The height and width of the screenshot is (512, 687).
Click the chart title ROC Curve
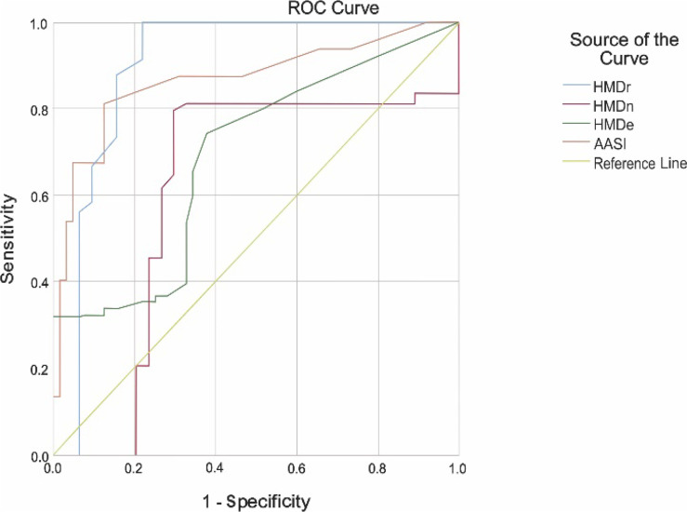point(333,7)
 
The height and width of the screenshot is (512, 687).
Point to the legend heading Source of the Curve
point(624,48)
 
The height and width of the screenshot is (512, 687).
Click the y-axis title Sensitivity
point(7,239)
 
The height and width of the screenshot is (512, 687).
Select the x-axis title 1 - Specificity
point(257,502)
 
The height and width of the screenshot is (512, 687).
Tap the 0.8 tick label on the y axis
point(40,109)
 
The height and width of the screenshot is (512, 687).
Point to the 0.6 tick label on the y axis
point(40,195)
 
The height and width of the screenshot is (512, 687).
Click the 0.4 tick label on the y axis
point(40,282)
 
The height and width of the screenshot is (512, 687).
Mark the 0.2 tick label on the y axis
point(40,369)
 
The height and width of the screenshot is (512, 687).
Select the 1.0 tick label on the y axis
point(40,23)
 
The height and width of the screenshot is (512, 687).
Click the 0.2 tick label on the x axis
point(135,468)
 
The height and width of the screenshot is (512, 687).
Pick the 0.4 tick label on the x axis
point(215,468)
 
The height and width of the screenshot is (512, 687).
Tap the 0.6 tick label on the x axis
point(297,468)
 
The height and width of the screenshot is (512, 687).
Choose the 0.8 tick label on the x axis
point(377,468)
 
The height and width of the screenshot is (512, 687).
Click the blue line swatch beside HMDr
point(576,86)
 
